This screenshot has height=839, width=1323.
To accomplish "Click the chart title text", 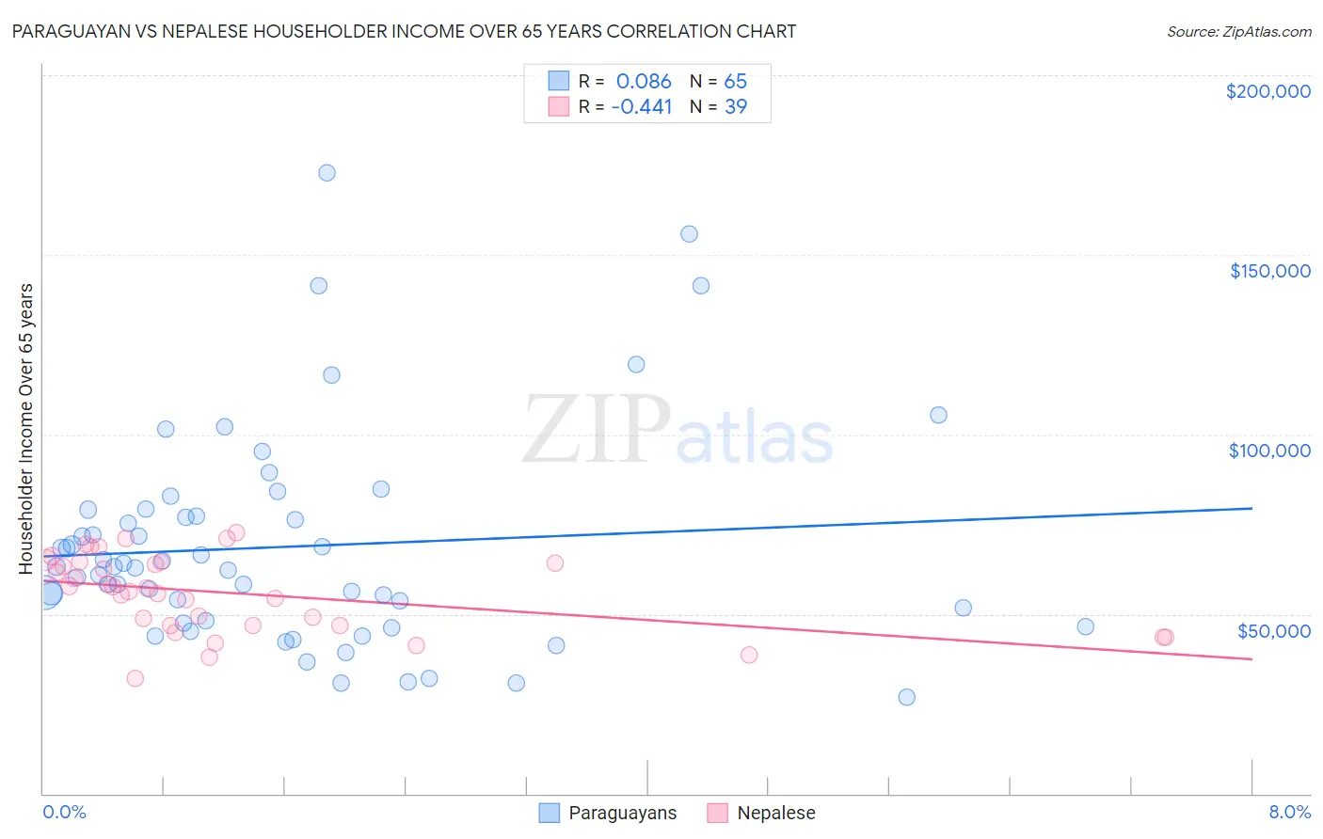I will (x=404, y=31).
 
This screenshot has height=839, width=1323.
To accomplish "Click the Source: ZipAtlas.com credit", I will (x=1238, y=31).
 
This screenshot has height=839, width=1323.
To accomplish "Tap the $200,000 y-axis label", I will (x=1267, y=91).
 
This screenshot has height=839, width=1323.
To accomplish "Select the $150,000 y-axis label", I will (x=1269, y=271).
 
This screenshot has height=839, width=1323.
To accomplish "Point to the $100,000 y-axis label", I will (x=1269, y=451).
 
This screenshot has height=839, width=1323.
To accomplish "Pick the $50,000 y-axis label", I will (x=1273, y=630).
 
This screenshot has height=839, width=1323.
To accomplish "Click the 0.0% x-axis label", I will (x=64, y=812).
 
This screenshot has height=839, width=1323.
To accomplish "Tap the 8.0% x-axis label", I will (x=1289, y=812).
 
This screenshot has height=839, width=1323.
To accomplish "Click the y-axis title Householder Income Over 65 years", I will (x=25, y=428).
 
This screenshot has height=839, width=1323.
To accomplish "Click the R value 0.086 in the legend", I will (x=644, y=82).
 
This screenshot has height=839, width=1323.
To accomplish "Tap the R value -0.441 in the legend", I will (x=642, y=107).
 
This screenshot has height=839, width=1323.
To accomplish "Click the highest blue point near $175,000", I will (x=327, y=173).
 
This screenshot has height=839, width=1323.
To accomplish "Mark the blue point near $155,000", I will (x=689, y=234).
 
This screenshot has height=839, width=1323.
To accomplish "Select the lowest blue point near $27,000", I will (x=906, y=697).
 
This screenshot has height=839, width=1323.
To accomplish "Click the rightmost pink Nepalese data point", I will (x=1165, y=637).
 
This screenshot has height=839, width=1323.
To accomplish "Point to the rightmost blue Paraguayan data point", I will (x=1085, y=626).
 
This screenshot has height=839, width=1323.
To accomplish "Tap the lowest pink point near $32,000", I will (x=135, y=678).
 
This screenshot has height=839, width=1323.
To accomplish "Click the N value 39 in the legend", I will (x=735, y=107).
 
